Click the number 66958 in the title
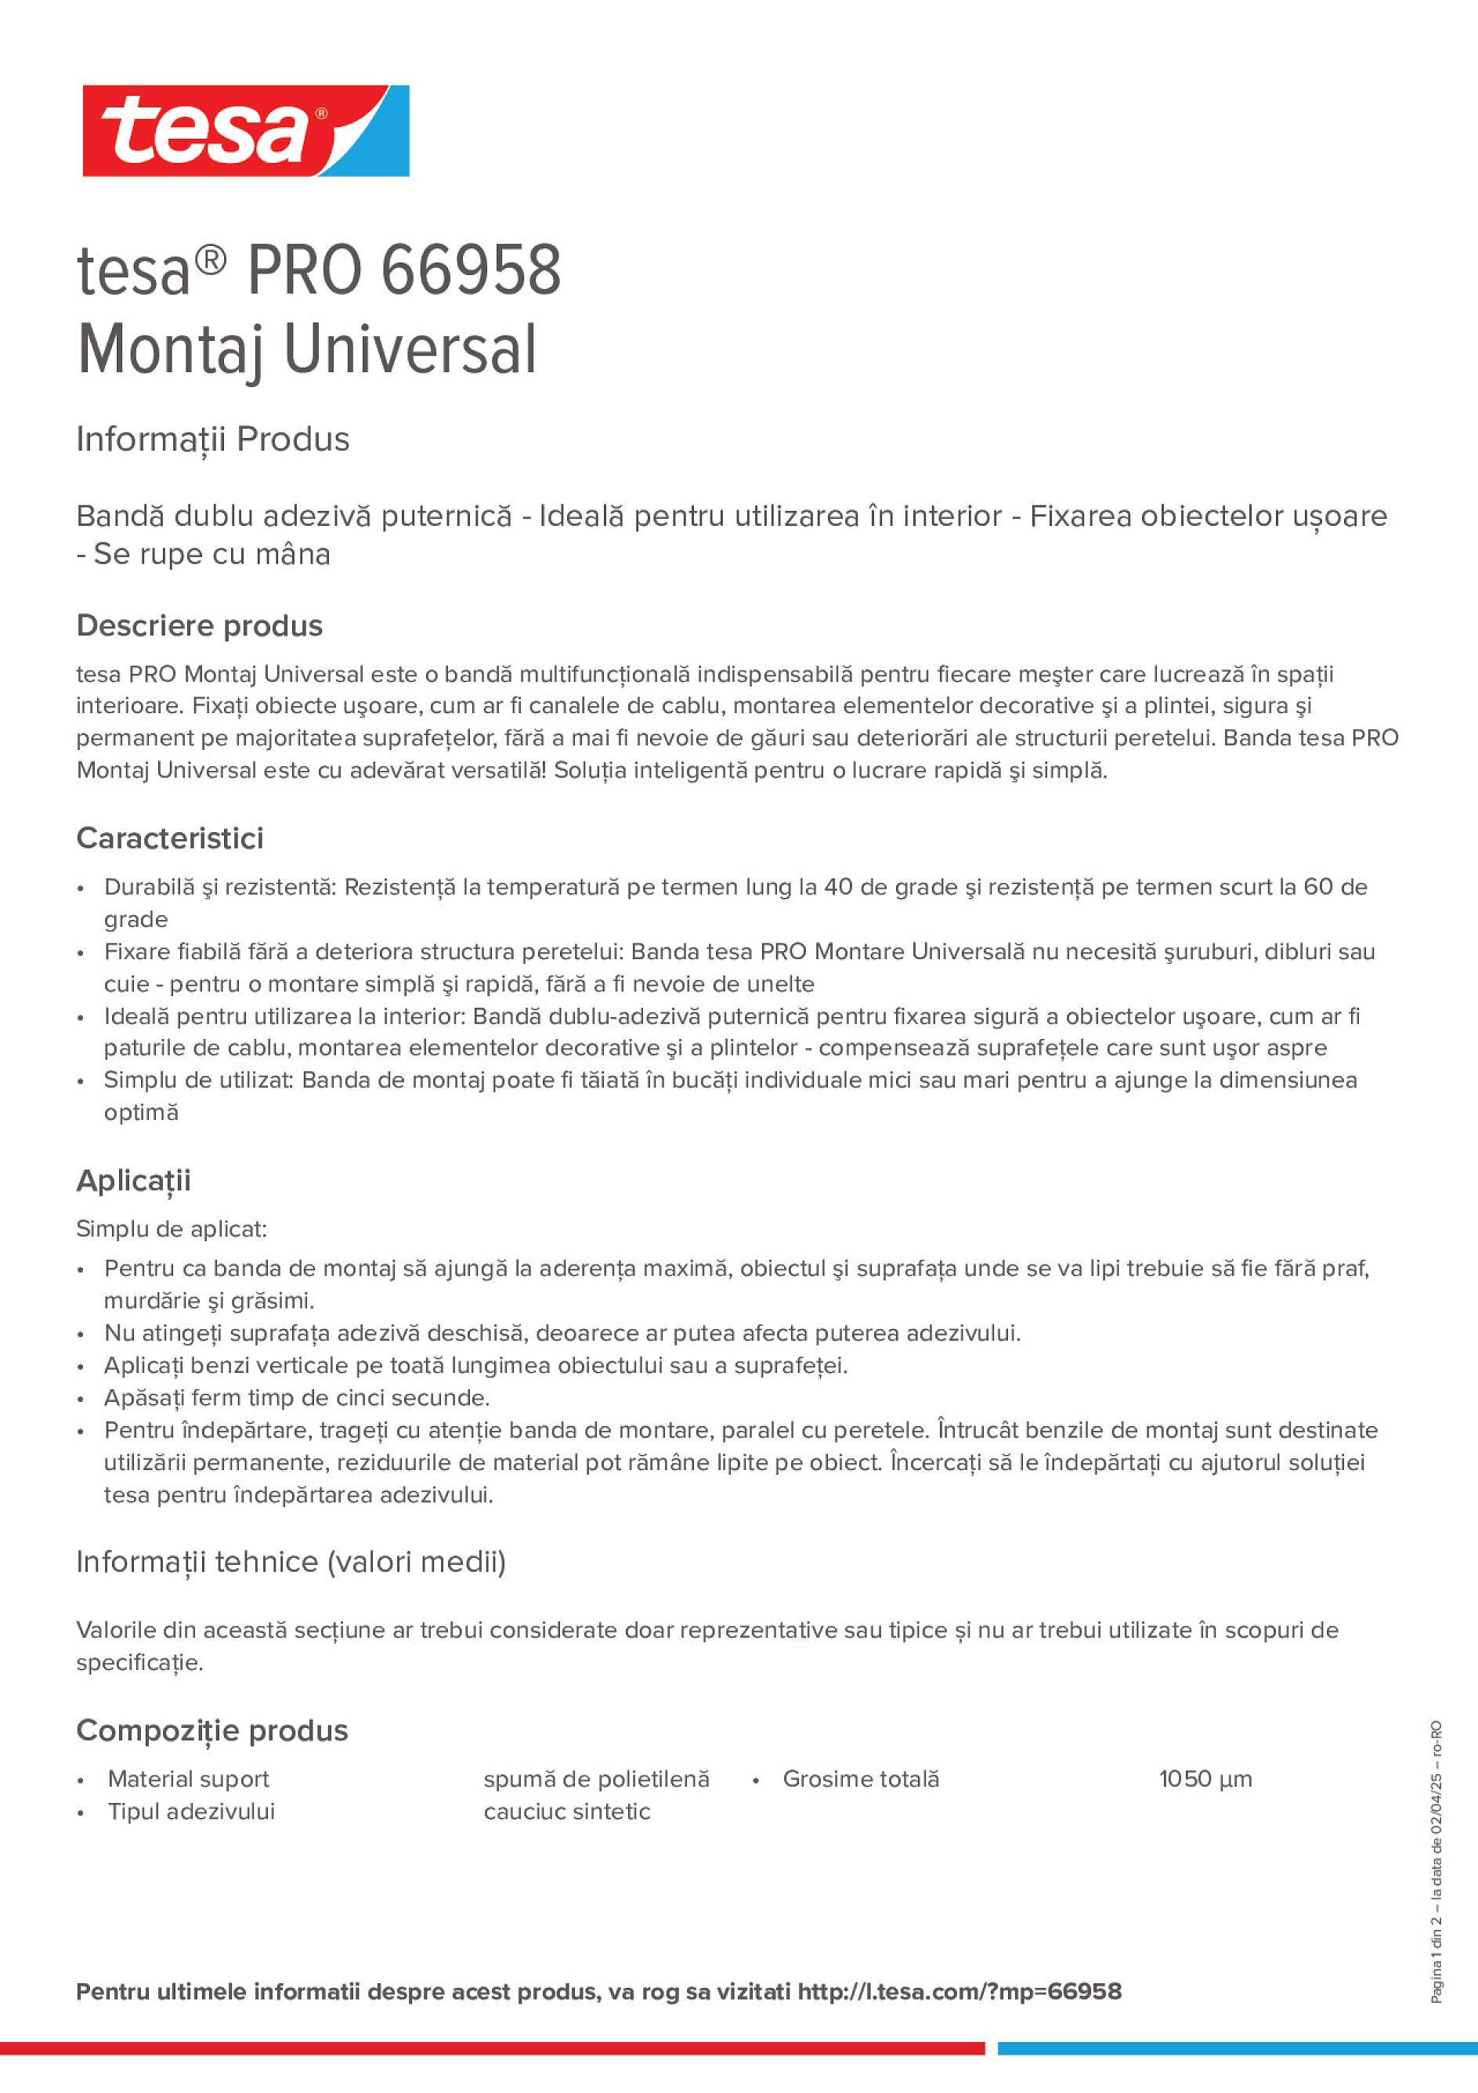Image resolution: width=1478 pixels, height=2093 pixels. point(469,271)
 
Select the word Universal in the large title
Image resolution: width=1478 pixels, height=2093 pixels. point(410,349)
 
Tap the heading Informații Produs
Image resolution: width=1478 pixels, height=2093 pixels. point(212,440)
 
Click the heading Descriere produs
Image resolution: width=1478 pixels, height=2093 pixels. point(199,625)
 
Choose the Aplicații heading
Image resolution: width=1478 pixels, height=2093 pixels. point(133,1181)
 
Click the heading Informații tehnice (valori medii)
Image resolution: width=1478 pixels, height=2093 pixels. point(291,1562)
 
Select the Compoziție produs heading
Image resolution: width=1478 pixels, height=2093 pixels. point(211,1730)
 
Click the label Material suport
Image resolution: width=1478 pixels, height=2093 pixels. point(189,1779)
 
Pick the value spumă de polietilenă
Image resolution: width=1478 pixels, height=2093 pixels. point(596,1779)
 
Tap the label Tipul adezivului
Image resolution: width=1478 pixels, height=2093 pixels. point(191,1812)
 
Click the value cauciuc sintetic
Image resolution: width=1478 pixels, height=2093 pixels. point(567,1812)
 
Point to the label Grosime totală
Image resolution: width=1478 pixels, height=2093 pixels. point(860,1779)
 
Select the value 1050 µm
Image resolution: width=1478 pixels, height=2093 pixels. point(1205,1779)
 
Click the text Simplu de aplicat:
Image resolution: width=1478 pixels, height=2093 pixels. point(172,1229)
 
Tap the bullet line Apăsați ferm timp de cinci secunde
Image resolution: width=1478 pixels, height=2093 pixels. point(297,1397)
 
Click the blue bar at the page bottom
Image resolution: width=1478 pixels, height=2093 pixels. point(1237,2048)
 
